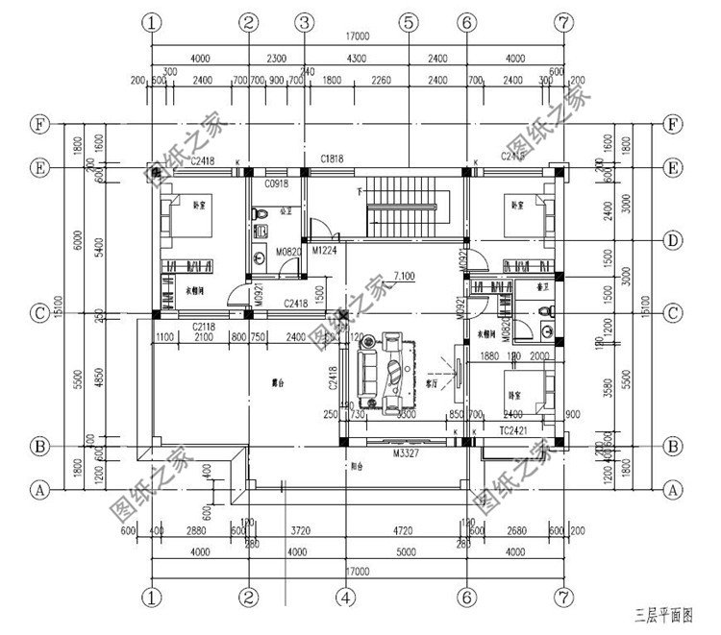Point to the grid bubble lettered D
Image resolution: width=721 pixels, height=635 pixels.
(674, 239)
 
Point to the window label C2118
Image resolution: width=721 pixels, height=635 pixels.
(206, 327)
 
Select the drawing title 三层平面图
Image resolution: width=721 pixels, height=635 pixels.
(660, 612)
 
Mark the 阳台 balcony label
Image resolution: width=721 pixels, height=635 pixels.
(354, 469)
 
